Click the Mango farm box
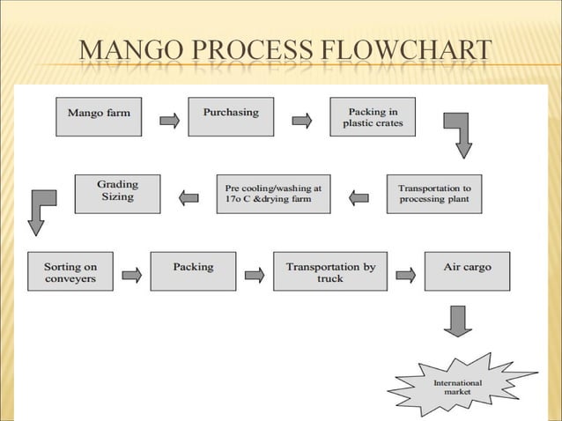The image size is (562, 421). (x=99, y=115)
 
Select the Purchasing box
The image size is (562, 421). (x=231, y=115)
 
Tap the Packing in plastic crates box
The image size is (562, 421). (x=373, y=117)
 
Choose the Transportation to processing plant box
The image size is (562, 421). (x=434, y=194)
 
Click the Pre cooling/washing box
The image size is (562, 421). (x=273, y=194)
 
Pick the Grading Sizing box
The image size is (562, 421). (x=117, y=193)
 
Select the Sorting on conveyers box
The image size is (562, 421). (x=70, y=271)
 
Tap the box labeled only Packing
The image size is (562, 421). (x=193, y=271)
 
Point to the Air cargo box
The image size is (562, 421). (x=467, y=271)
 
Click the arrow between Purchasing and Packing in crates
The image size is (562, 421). (x=302, y=121)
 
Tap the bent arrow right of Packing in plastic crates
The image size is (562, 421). (x=459, y=132)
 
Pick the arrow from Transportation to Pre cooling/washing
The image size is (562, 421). (x=359, y=198)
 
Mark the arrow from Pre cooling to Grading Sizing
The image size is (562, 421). (x=189, y=198)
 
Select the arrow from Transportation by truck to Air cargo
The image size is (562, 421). (x=405, y=275)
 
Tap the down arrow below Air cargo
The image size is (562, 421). (x=458, y=320)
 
